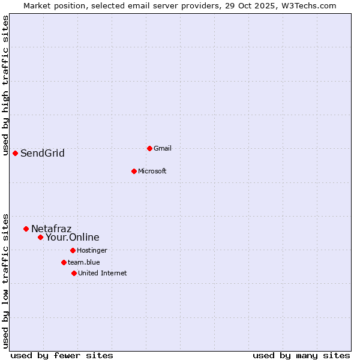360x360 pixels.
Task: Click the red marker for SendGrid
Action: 15,153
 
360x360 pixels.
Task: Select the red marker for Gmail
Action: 149,148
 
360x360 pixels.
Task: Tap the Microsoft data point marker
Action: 134,171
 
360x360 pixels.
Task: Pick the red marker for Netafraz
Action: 26,229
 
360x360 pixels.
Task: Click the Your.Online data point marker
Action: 40,237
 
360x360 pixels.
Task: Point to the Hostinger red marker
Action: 73,250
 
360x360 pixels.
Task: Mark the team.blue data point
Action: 64,262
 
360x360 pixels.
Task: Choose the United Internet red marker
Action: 74,273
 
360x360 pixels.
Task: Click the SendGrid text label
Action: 43,154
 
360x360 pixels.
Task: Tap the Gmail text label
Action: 163,148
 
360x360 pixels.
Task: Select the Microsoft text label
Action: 152,171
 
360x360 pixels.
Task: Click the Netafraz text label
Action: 52,229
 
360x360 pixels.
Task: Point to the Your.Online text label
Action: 73,238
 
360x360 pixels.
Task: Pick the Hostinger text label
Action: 92,250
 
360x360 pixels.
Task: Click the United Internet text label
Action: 103,273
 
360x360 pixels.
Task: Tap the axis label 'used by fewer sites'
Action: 62,355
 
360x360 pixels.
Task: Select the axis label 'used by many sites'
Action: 301,355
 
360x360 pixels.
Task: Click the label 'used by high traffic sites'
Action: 5,85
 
